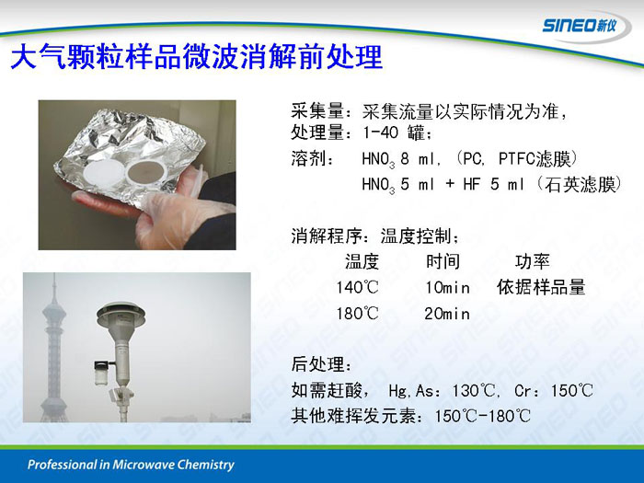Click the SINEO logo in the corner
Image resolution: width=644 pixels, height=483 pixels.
click(580, 26)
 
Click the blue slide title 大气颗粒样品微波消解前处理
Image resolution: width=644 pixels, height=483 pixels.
click(197, 57)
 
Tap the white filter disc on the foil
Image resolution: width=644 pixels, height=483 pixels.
click(104, 173)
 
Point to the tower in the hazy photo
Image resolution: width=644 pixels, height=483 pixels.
click(53, 349)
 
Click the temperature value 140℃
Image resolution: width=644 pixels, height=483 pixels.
click(357, 287)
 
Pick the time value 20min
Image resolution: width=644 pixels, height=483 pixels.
click(447, 315)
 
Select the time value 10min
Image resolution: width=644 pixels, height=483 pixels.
click(447, 287)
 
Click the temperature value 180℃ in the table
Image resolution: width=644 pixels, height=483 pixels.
click(357, 315)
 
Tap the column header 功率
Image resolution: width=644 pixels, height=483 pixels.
click(533, 261)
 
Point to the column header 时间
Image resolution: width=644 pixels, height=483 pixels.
click(443, 261)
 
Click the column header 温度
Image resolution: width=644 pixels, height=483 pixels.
click(362, 261)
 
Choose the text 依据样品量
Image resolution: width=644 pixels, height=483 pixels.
click(541, 287)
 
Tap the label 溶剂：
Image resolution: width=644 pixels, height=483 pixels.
click(313, 158)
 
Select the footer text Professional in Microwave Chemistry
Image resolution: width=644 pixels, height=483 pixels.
click(131, 465)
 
